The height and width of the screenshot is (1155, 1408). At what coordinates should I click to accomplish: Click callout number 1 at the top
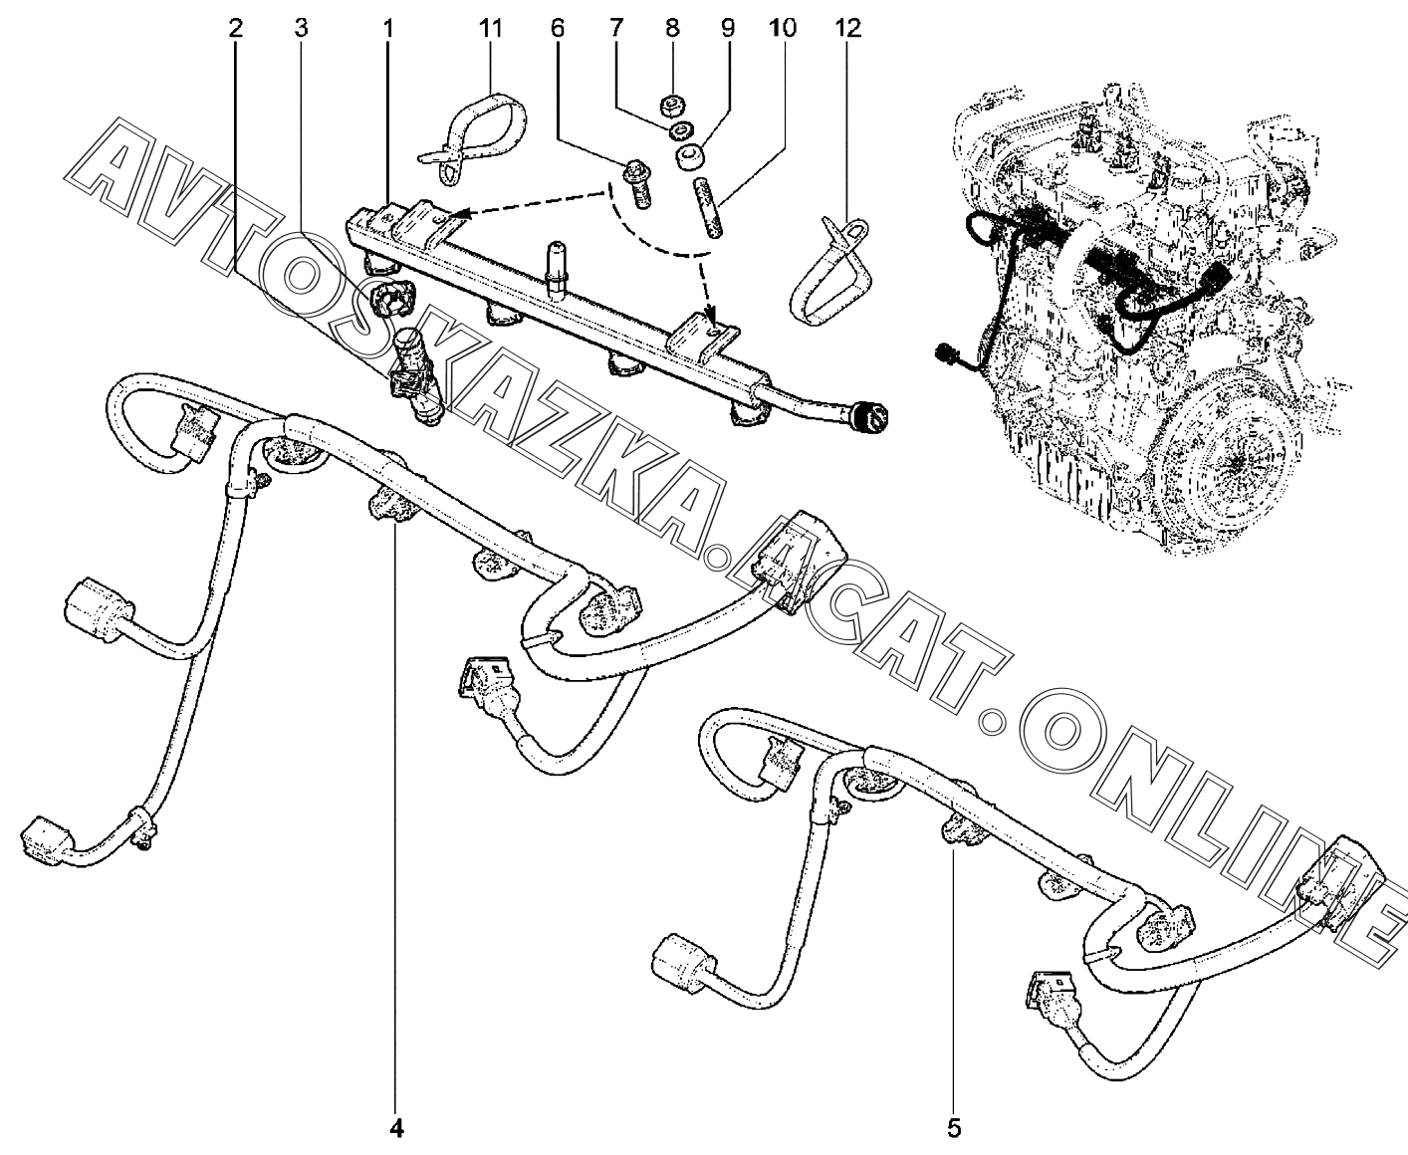click(x=388, y=29)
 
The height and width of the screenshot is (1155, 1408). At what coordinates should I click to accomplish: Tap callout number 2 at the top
click(x=235, y=29)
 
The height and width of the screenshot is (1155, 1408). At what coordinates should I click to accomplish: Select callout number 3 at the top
click(x=301, y=29)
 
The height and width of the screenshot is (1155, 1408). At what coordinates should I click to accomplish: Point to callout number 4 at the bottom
click(x=396, y=1128)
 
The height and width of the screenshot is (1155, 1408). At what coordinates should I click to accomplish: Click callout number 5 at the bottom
click(x=954, y=1128)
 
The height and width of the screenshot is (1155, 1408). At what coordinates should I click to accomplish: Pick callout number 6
click(x=558, y=29)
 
